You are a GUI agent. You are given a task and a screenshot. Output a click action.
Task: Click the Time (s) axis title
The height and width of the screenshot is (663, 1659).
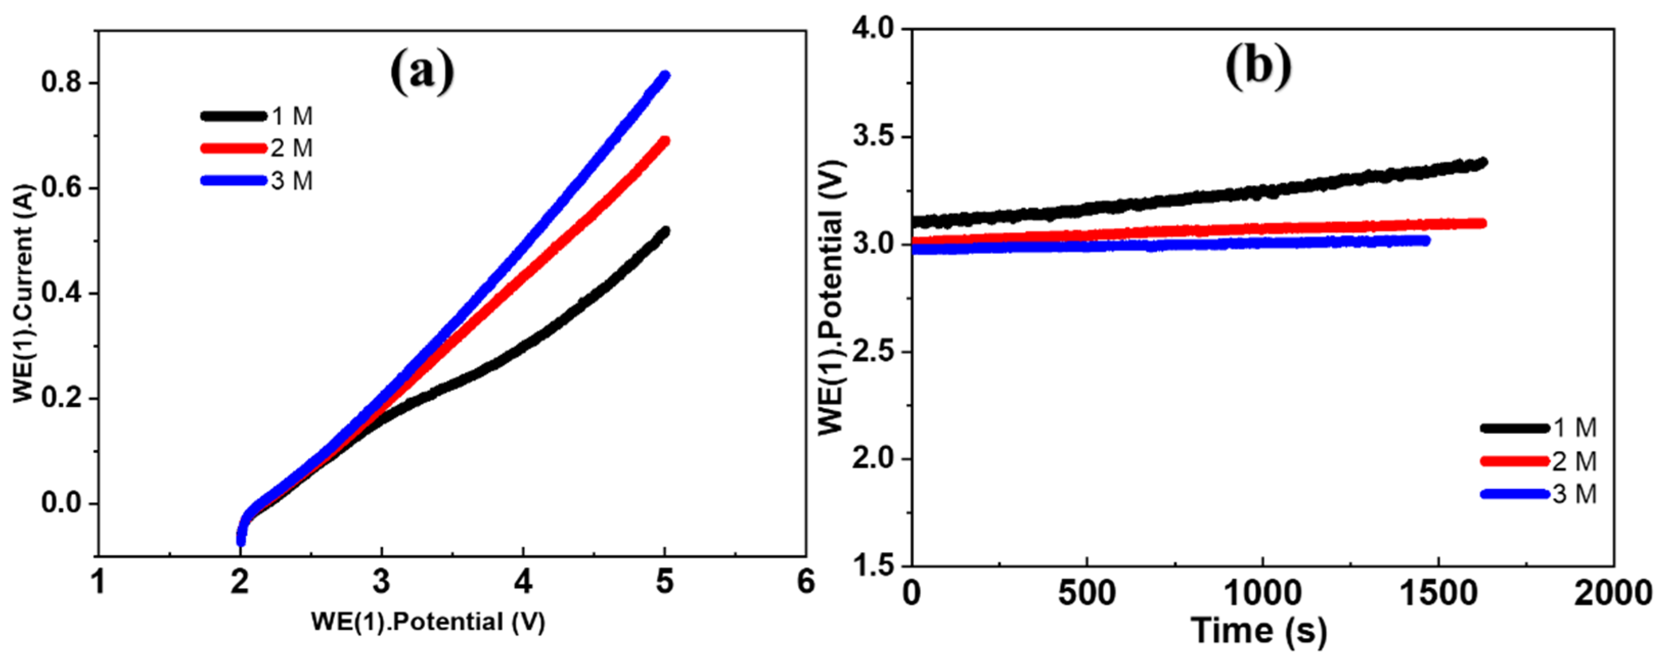pyautogui.click(x=1259, y=631)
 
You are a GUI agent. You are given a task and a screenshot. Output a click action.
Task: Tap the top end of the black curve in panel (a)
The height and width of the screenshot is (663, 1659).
pyautogui.click(x=665, y=231)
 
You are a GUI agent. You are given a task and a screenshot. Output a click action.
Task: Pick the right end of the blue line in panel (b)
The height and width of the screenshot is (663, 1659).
pyautogui.click(x=1426, y=241)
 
